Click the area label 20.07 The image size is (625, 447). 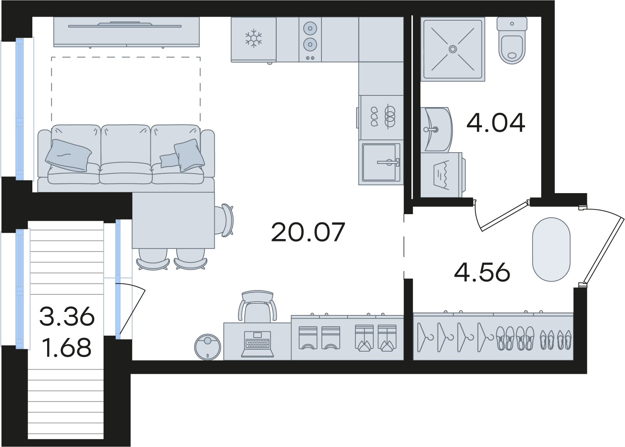pos(308,232)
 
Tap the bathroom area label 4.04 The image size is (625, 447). pos(496,122)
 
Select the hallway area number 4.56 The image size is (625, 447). pos(482,272)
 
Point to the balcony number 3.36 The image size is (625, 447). pos(67,316)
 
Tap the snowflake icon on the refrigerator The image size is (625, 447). pos(254,38)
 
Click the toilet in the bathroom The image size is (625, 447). pos(512,40)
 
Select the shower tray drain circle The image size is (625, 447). pos(452,49)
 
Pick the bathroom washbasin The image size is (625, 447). pos(436,129)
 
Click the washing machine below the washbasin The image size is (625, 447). pos(443,175)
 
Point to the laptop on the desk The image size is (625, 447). pos(258,344)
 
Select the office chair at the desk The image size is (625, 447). pos(258,306)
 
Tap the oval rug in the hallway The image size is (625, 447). pos(551,250)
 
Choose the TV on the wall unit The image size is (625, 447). pos(125,25)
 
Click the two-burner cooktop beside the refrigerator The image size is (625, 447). pos(310,40)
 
